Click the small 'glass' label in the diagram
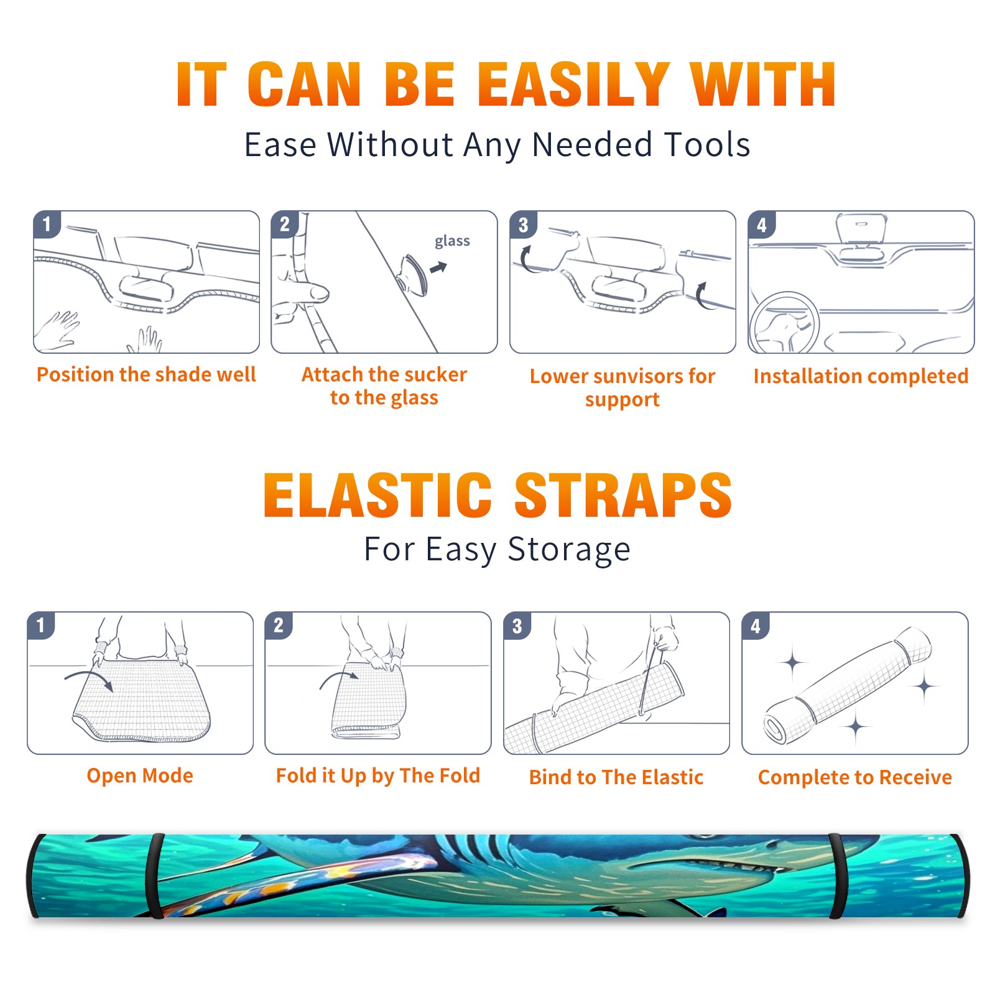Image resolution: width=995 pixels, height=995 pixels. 452,241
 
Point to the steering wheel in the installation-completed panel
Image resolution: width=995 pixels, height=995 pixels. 784,322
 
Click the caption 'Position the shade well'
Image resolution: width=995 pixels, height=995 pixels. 146,374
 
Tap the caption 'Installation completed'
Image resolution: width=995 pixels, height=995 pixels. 861,376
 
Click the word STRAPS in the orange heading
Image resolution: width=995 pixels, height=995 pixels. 623,495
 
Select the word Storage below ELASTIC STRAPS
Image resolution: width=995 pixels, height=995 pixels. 569,550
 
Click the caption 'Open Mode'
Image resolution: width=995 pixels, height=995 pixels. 140,775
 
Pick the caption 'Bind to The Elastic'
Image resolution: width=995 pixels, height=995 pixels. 616,777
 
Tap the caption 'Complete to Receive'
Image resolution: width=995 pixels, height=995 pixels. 855,777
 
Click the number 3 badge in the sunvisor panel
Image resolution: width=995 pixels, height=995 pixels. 523,225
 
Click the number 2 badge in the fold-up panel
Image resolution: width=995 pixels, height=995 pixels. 279,625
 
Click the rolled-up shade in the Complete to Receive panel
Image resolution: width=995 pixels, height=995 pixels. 848,685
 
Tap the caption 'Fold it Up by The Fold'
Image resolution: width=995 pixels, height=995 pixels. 378,775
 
